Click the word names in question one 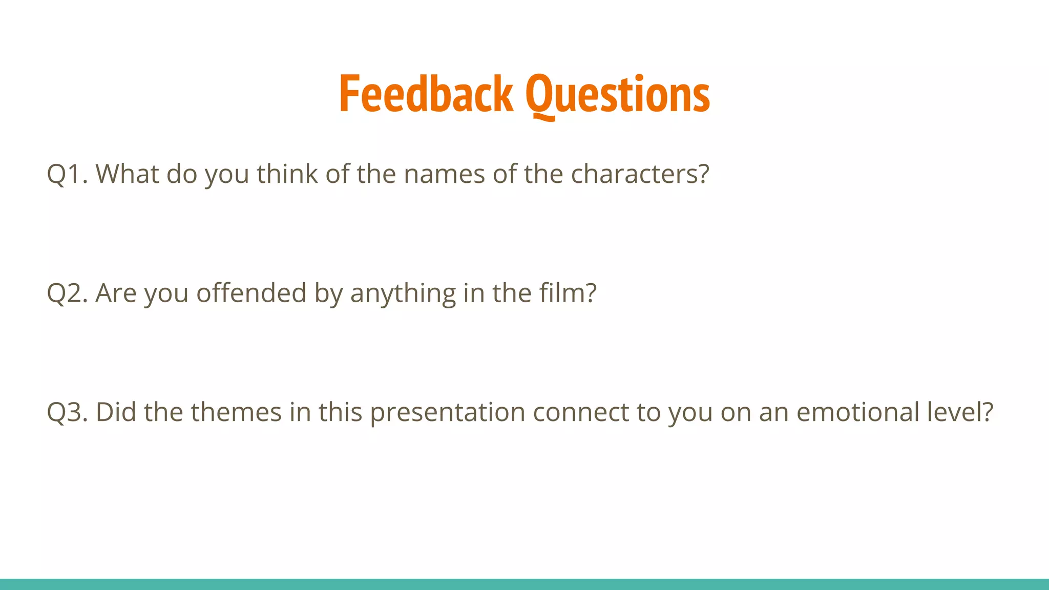click(444, 174)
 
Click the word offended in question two click(251, 293)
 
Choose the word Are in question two click(116, 293)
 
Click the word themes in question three click(236, 412)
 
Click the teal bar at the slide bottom click(524, 584)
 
